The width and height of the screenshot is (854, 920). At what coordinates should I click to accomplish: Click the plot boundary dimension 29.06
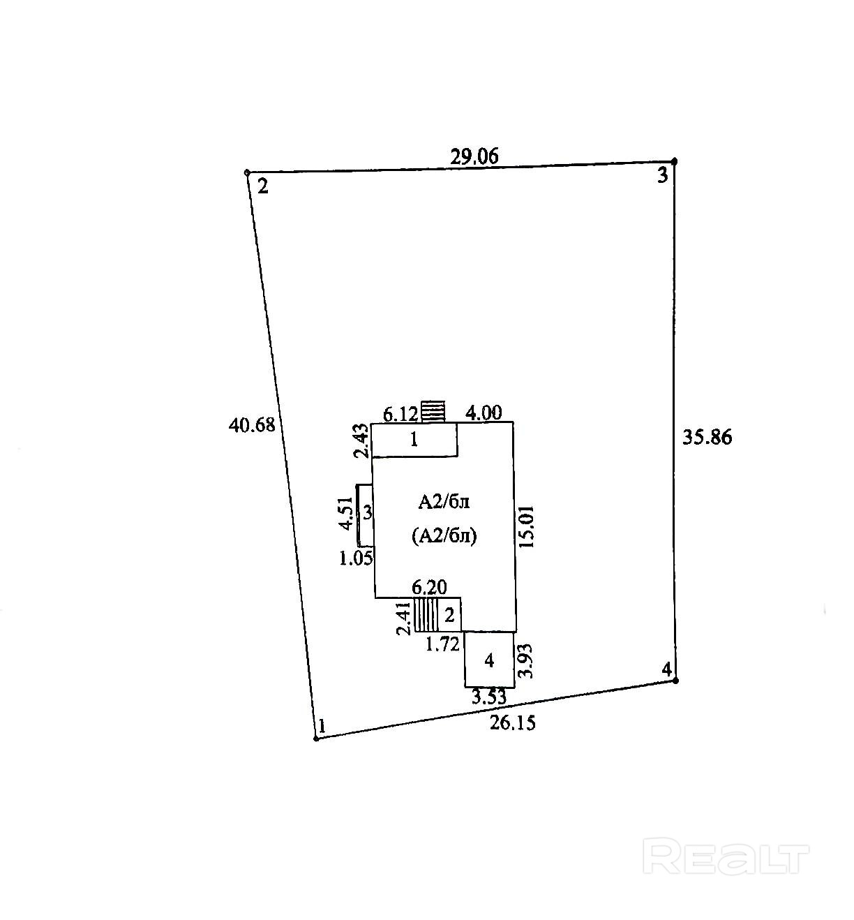[x=474, y=156]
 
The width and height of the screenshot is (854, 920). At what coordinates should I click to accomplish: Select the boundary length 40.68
[x=252, y=424]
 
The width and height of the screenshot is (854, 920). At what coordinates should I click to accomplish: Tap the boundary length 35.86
[x=707, y=437]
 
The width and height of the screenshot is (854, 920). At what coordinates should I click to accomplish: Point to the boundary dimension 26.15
[x=512, y=722]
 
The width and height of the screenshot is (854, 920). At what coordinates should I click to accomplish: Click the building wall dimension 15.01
[x=527, y=527]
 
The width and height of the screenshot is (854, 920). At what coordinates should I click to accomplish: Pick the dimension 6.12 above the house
[x=400, y=414]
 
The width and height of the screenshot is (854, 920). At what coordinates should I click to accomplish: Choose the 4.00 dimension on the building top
[x=484, y=413]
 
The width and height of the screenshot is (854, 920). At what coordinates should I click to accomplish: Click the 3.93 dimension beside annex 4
[x=527, y=661]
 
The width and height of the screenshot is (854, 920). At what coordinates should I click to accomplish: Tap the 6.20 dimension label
[x=429, y=588]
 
